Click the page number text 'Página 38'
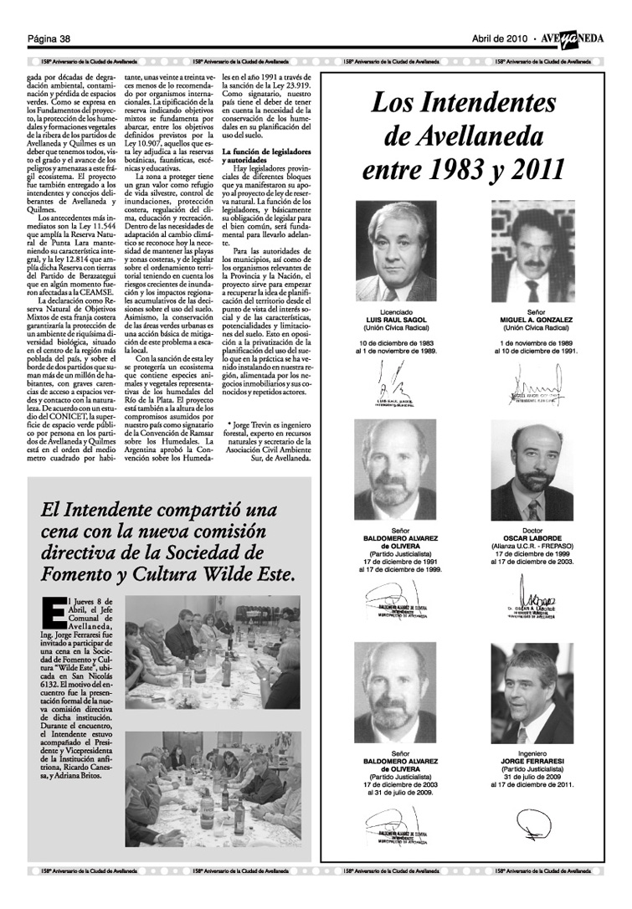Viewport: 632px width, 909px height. (49, 39)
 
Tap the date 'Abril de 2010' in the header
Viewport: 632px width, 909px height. (498, 39)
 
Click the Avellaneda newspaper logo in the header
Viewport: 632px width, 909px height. (578, 39)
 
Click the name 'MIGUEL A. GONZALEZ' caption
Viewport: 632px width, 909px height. (536, 320)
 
